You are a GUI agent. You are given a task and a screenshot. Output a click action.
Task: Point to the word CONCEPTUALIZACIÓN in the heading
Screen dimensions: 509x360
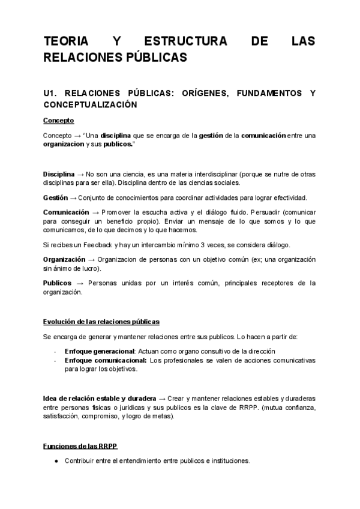(x=91, y=104)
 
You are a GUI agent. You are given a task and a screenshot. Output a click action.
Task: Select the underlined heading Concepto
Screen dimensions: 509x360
(x=59, y=121)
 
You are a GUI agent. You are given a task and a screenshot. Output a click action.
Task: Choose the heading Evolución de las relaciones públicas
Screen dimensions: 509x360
(x=101, y=322)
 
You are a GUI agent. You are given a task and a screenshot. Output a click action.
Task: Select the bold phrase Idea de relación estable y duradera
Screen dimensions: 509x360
(x=100, y=399)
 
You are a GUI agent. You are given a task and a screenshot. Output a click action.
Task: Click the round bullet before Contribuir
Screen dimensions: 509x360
(x=56, y=462)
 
